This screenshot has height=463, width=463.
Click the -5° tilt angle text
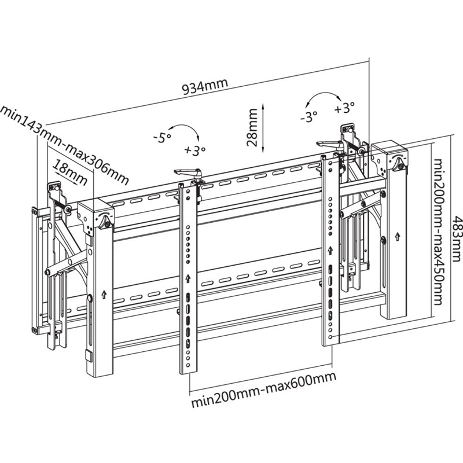(163, 138)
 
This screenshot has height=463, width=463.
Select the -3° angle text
(309, 117)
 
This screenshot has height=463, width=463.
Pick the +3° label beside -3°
(344, 108)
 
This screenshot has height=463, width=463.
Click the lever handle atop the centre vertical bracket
(188, 172)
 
